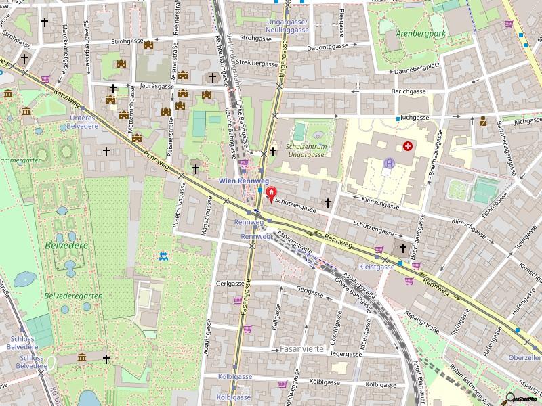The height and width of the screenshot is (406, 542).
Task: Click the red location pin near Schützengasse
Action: pos(272,196)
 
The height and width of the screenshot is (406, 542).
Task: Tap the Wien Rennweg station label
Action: pos(244,181)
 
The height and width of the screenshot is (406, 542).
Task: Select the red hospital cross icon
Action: pos(408,145)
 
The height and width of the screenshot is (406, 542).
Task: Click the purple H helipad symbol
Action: pos(389,163)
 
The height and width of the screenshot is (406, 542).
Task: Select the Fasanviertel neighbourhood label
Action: pos(303,349)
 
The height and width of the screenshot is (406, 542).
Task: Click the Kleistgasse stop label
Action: pos(377,267)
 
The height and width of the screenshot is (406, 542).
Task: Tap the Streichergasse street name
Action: pos(257,64)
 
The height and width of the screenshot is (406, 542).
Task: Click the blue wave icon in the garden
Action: pos(163,256)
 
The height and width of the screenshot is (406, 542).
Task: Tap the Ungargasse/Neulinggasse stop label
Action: pos(287,26)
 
